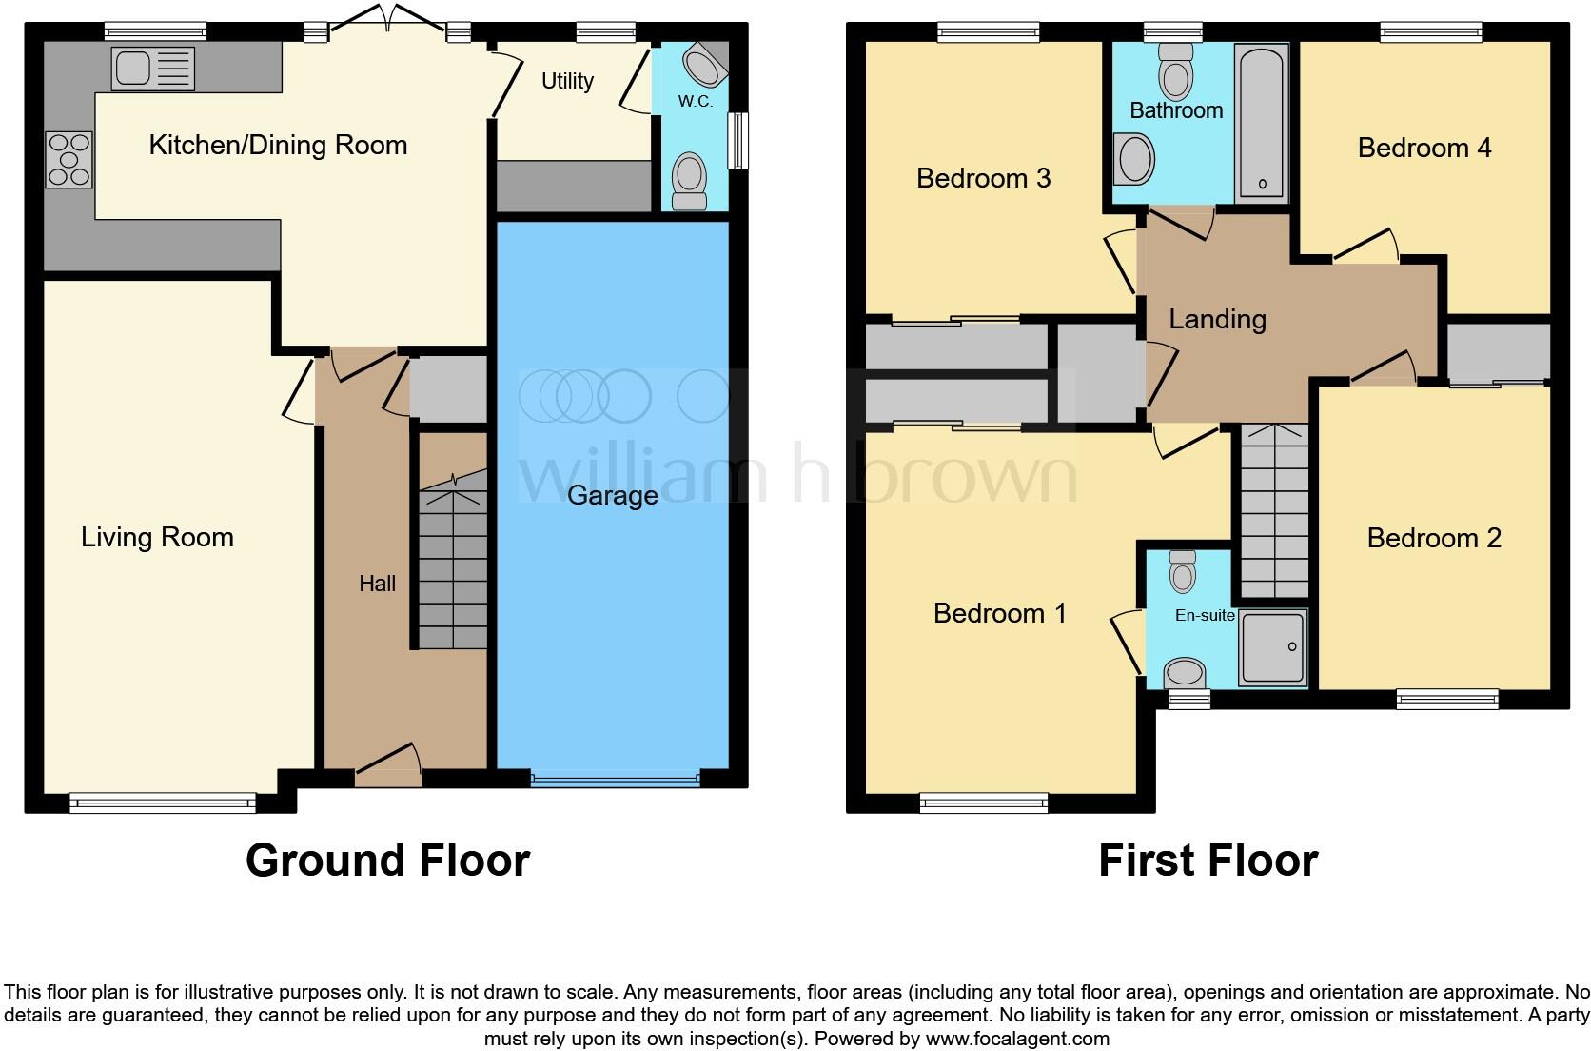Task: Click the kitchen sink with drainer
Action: (x=153, y=69)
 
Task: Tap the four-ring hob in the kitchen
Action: (x=69, y=159)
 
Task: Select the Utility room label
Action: (x=567, y=81)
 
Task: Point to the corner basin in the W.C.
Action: (x=705, y=66)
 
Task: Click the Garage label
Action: (x=612, y=495)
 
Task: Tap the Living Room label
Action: (x=157, y=537)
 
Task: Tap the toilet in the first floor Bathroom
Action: (x=1176, y=72)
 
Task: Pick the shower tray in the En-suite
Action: (x=1272, y=647)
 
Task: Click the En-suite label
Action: (x=1204, y=615)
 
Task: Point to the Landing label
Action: (x=1217, y=319)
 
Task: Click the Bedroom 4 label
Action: (x=1424, y=148)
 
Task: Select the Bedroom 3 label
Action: (x=983, y=178)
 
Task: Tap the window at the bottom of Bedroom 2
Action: (x=1447, y=700)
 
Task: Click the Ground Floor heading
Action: (x=387, y=861)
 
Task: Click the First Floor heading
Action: (x=1208, y=861)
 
